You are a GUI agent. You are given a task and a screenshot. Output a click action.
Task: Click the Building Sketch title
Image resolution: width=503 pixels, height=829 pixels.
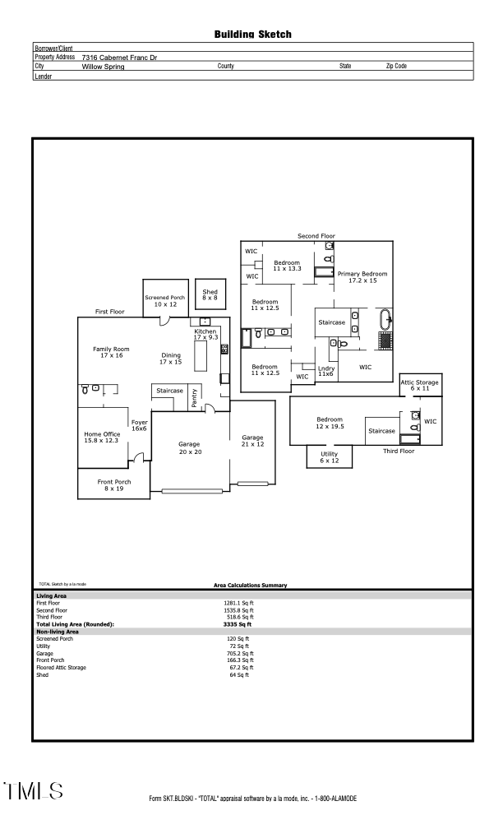252,35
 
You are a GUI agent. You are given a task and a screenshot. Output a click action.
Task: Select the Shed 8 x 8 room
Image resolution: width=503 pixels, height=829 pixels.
210,295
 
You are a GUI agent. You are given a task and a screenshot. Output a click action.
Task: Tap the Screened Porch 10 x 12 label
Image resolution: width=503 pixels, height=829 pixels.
161,301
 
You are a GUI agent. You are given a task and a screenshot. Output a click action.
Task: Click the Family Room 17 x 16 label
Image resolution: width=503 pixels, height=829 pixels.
111,353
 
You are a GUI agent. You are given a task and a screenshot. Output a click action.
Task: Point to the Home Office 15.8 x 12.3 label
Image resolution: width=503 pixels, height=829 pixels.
102,438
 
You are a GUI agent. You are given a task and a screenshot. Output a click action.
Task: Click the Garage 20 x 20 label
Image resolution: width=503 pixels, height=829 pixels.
195,448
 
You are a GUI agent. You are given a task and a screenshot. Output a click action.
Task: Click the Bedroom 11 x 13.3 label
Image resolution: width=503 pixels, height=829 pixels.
288,266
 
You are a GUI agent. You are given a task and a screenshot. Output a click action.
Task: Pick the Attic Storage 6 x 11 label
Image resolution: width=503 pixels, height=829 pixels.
419,385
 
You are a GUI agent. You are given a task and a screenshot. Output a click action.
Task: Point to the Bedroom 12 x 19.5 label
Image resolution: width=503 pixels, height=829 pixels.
330,423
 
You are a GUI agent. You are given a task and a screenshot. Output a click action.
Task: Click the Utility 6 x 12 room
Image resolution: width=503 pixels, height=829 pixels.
329,457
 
